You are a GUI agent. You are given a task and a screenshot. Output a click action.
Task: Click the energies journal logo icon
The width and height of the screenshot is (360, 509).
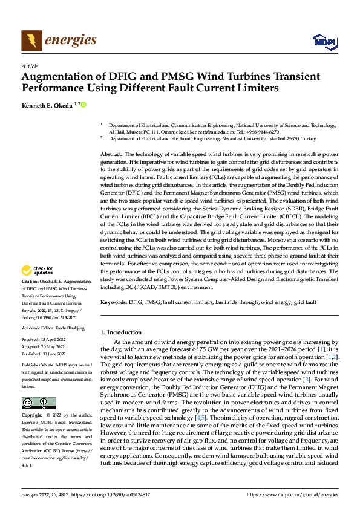pyautogui.click(x=31, y=41)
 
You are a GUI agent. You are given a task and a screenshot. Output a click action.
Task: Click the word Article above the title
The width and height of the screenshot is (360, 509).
pyautogui.click(x=30, y=66)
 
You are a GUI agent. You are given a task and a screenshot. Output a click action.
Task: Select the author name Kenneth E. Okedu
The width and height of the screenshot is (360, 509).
pyautogui.click(x=47, y=105)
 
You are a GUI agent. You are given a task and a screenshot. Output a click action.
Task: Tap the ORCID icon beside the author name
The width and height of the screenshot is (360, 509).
pyautogui.click(x=83, y=105)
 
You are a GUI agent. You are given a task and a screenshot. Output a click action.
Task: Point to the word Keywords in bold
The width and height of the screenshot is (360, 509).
pyautogui.click(x=113, y=300)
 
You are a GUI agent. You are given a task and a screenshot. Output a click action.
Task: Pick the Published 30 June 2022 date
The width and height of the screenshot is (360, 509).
pyautogui.click(x=45, y=354)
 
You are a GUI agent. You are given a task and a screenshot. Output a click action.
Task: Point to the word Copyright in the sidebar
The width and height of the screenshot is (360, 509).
pyautogui.click(x=32, y=415)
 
